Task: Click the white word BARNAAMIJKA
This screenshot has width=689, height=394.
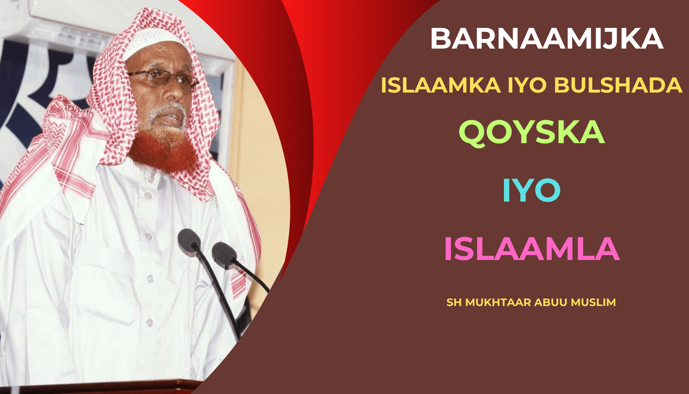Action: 547,39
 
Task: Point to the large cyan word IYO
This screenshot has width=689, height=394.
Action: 532,190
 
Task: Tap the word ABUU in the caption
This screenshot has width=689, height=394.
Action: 551,302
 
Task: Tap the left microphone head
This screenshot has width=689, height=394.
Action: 189,240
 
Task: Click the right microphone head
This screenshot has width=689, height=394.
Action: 224,255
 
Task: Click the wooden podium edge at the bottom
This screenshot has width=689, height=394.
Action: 98,387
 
